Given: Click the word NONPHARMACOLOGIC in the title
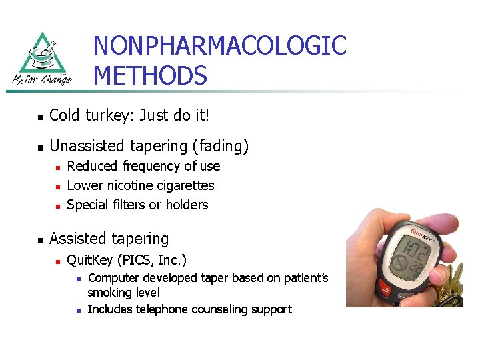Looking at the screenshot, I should click(219, 46).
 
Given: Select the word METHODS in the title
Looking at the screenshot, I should click(150, 75).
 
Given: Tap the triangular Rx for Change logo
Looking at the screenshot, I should click(42, 59).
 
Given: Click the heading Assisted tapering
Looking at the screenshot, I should click(109, 238).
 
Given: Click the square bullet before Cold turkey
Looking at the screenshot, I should click(41, 117).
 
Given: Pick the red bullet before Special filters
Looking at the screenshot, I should click(58, 205).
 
